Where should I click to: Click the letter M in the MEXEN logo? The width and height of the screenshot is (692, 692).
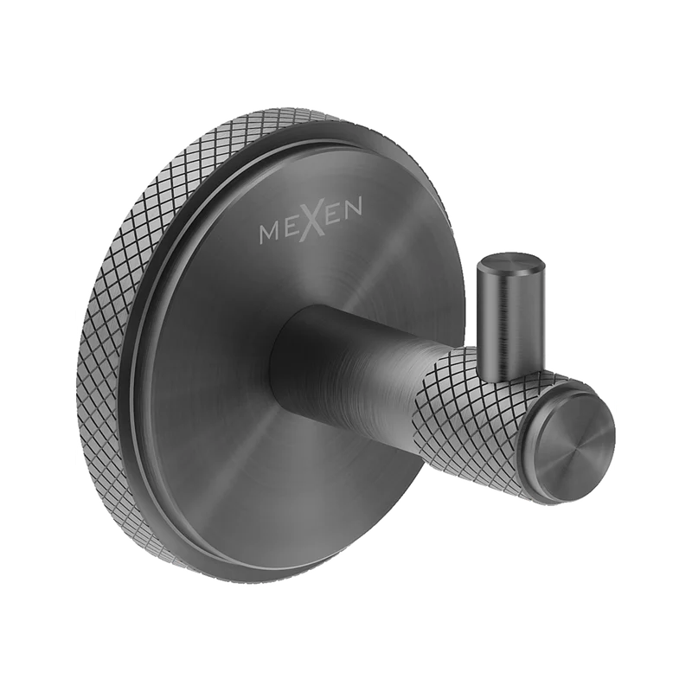[269, 232]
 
